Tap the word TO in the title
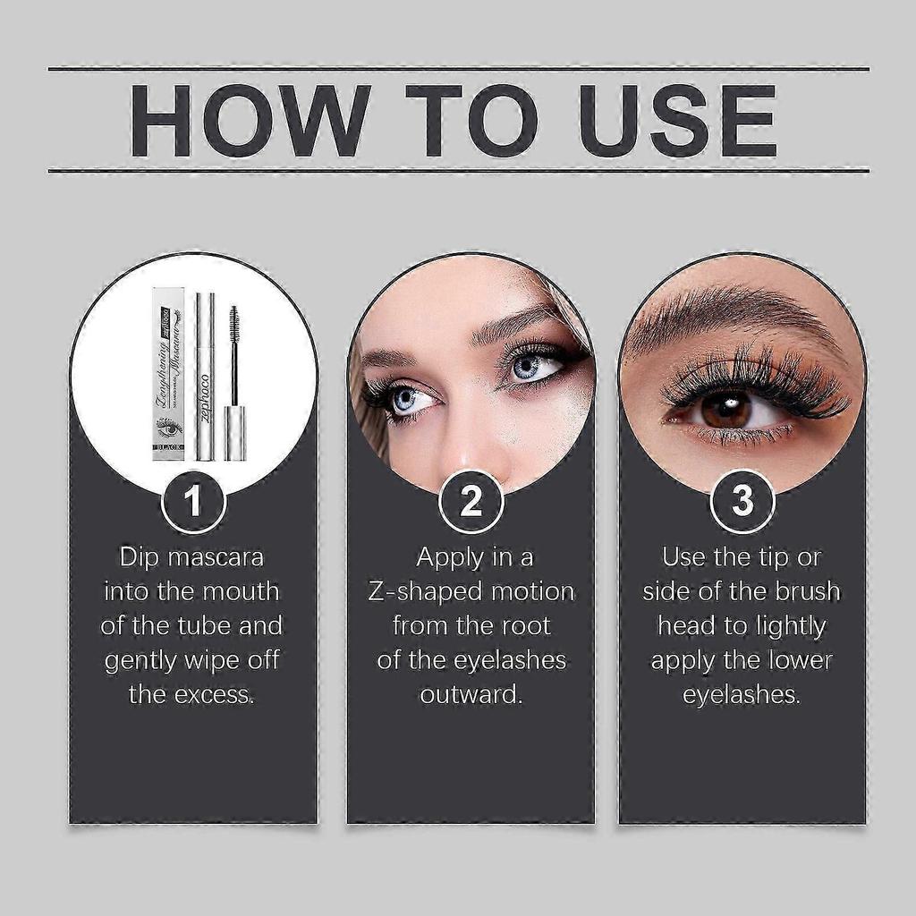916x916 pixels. pos(471,121)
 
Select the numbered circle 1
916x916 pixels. pos(193,502)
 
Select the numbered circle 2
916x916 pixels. pos(471,502)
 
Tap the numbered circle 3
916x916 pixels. pos(742,502)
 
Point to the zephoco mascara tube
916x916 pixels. pos(206,376)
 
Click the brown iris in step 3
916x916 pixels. pos(725,408)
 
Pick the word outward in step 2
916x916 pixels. pos(471,695)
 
